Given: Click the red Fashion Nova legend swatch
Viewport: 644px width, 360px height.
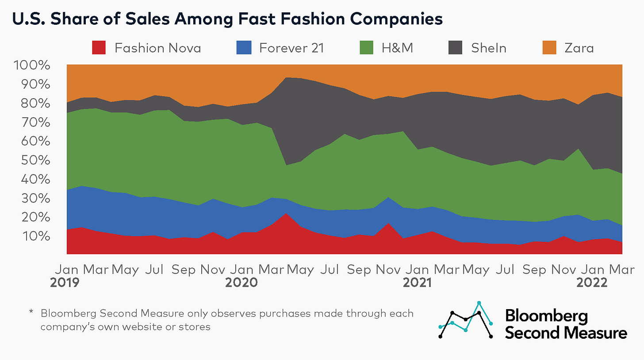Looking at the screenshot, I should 99,48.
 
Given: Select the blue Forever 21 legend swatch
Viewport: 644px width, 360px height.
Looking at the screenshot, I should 244,48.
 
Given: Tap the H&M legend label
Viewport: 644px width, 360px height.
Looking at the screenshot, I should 397,48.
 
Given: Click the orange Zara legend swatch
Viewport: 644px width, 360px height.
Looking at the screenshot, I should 549,48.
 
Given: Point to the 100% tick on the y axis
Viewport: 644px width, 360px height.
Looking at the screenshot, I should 33,65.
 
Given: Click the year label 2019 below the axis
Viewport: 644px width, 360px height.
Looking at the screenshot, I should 66,282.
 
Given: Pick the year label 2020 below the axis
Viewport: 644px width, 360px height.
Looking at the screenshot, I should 241,282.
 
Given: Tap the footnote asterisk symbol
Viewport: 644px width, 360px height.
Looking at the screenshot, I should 31,313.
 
